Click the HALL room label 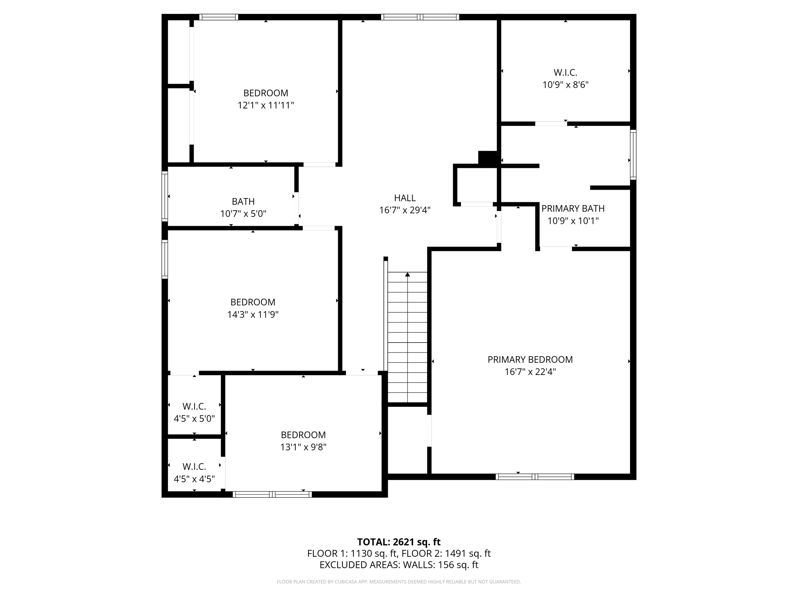[x=405, y=198]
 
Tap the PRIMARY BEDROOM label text [x=530, y=360]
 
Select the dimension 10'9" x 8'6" [x=565, y=85]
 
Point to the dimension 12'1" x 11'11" [x=266, y=106]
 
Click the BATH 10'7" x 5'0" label [x=243, y=208]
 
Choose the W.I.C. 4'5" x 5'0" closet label [x=194, y=412]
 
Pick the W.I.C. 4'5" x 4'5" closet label [x=194, y=473]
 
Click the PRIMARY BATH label [x=573, y=209]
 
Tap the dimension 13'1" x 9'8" [x=303, y=447]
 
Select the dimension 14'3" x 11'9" [x=253, y=315]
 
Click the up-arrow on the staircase [x=408, y=274]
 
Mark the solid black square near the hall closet [x=487, y=158]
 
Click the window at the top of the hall [x=420, y=17]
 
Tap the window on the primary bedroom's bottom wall [x=535, y=477]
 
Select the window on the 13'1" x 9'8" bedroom [x=272, y=495]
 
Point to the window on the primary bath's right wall [x=633, y=155]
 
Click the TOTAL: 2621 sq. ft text [x=399, y=542]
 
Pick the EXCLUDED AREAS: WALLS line [x=399, y=565]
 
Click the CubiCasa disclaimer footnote [x=399, y=582]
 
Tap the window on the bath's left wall [x=165, y=196]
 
